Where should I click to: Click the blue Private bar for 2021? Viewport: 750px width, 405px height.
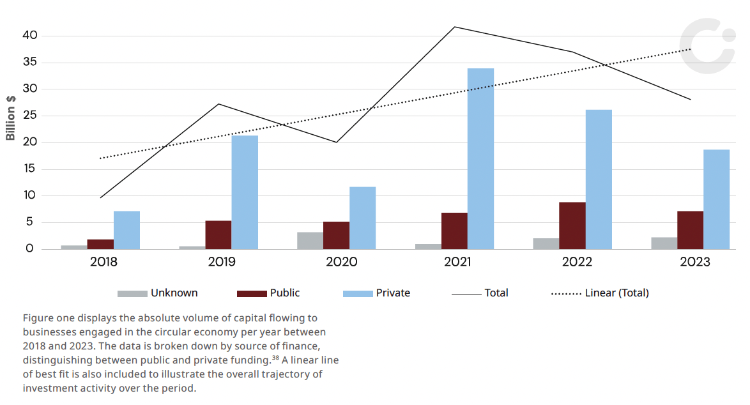pyautogui.click(x=480, y=159)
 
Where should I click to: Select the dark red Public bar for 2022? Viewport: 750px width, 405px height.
pyautogui.click(x=572, y=225)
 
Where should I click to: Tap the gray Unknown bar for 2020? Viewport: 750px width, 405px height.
pyautogui.click(x=310, y=241)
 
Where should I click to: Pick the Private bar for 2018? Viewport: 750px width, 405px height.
pyautogui.click(x=126, y=230)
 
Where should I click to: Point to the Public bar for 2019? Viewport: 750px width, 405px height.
pyautogui.click(x=218, y=235)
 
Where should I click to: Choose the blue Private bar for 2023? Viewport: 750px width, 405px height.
pyautogui.click(x=717, y=199)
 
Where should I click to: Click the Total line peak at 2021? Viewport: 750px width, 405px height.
pyautogui.click(x=455, y=27)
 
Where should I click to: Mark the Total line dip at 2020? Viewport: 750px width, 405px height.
pyautogui.click(x=337, y=142)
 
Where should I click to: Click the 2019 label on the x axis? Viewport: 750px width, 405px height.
pyautogui.click(x=222, y=262)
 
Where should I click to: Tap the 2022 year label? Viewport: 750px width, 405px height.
pyautogui.click(x=577, y=262)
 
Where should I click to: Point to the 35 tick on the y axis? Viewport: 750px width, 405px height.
pyautogui.click(x=29, y=62)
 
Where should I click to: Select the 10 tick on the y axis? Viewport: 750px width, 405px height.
pyautogui.click(x=29, y=195)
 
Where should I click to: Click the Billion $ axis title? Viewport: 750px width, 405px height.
pyautogui.click(x=10, y=118)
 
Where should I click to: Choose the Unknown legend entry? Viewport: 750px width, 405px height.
pyautogui.click(x=157, y=293)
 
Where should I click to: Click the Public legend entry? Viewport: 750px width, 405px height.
pyautogui.click(x=268, y=293)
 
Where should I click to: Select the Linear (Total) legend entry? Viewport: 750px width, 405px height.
pyautogui.click(x=600, y=293)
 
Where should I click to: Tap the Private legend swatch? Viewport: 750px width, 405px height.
pyautogui.click(x=358, y=294)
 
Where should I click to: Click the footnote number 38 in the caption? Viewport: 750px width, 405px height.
pyautogui.click(x=275, y=357)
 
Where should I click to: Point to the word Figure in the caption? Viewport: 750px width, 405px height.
pyautogui.click(x=38, y=319)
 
